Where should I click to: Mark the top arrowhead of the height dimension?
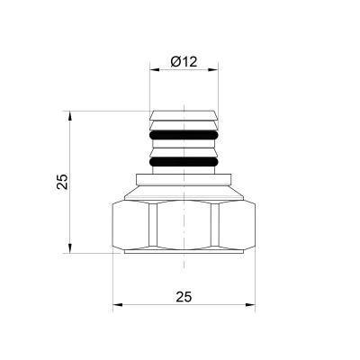coord(69,115)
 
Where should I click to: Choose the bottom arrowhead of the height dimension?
coord(69,252)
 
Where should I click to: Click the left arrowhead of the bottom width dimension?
coord(115,307)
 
